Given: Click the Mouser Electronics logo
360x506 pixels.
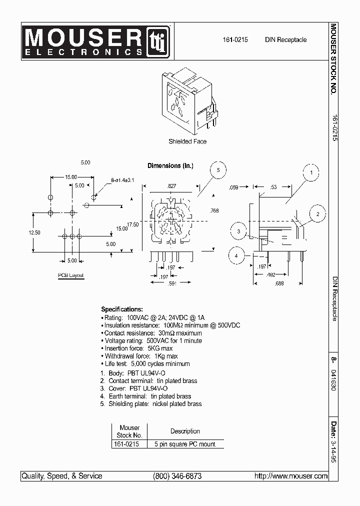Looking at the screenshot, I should pos(97,40).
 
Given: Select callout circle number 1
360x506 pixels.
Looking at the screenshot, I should pos(311,173).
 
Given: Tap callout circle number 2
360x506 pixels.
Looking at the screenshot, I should pos(316,214).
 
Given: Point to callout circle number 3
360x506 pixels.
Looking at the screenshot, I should pos(239,231).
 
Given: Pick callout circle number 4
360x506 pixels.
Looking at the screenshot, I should pos(236,256).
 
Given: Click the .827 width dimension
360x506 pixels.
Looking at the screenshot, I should pos(171,186).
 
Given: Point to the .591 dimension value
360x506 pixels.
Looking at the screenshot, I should pos(171,284).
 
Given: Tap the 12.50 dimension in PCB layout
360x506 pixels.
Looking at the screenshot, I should pos(34,232).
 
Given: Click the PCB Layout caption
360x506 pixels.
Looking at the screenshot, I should pos(70,275).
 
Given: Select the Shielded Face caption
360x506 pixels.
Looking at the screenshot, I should pos(187,141).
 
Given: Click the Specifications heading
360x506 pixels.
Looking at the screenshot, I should pos(122,309).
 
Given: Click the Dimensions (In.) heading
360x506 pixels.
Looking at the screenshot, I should pos(170,165).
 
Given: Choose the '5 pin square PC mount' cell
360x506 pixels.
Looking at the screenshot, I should pos(185,444).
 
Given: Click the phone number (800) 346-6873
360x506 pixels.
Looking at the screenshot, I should pos(177,476).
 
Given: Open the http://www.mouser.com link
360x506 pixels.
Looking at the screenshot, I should pos(291,476).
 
